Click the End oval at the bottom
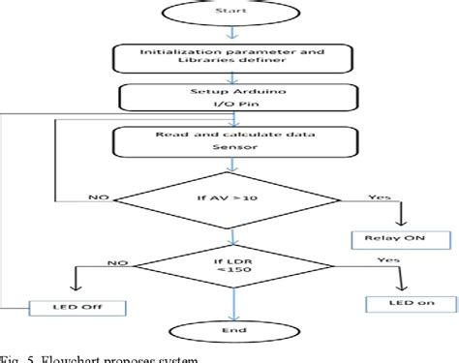coord(230,329)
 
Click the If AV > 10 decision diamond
coord(230,201)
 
